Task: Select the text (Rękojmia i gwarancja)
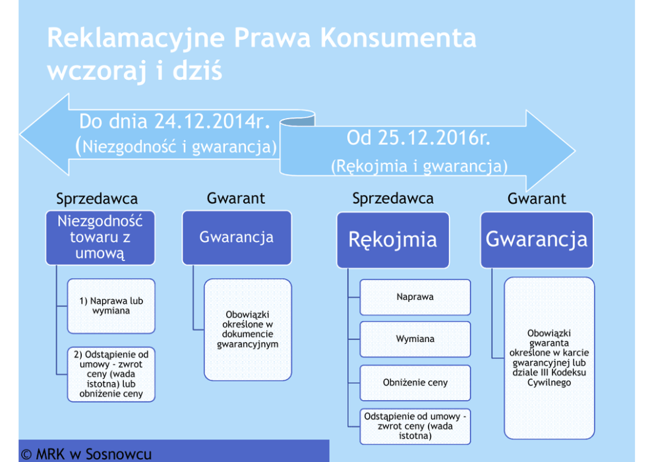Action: click(419, 167)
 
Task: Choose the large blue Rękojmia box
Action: click(392, 240)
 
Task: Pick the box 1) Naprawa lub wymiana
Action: click(111, 306)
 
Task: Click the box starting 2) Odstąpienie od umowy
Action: click(111, 374)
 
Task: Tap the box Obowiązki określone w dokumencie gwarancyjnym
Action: click(247, 330)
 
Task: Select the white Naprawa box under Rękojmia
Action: click(415, 297)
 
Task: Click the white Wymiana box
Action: click(415, 339)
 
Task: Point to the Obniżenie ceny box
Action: click(415, 382)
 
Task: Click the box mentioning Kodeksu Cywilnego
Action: click(549, 358)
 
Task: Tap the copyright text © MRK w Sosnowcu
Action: click(86, 454)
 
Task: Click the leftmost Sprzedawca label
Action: click(97, 198)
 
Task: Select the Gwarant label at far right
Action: click(537, 198)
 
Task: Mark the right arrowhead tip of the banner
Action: click(574, 151)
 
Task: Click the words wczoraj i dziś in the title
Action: click(134, 71)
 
